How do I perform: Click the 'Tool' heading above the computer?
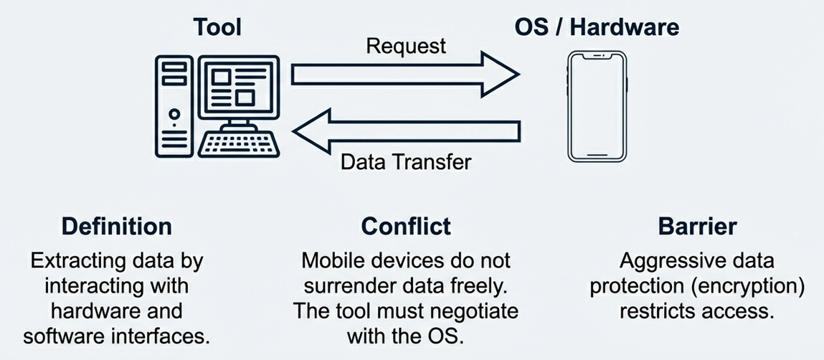pyautogui.click(x=217, y=27)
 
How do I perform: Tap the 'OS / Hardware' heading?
pyautogui.click(x=597, y=27)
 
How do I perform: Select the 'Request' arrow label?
pyautogui.click(x=406, y=47)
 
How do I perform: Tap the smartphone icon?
pyautogui.click(x=597, y=105)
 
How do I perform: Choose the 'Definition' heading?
pyautogui.click(x=116, y=227)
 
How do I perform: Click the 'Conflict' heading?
pyautogui.click(x=406, y=227)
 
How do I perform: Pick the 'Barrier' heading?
pyautogui.click(x=697, y=227)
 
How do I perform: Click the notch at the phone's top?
pyautogui.click(x=597, y=55)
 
